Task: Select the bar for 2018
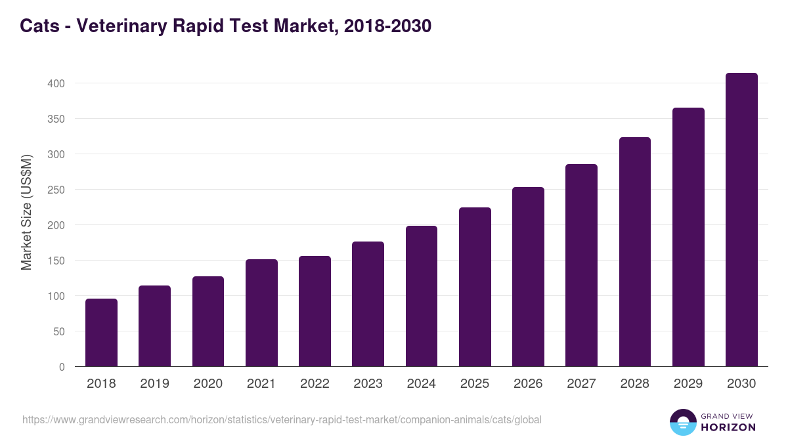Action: click(x=101, y=333)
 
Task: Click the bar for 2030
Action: click(x=741, y=220)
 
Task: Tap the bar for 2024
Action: click(x=422, y=296)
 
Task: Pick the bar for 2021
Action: click(x=261, y=313)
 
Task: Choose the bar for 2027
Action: click(x=581, y=265)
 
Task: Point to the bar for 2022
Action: click(x=315, y=311)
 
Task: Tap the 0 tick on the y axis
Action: click(x=62, y=367)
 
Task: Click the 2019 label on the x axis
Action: click(x=154, y=384)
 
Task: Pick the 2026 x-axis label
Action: click(x=528, y=384)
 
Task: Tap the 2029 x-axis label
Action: click(x=688, y=384)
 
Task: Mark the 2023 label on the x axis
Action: click(x=368, y=384)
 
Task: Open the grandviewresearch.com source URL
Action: click(x=282, y=419)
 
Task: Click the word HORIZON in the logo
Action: click(x=728, y=427)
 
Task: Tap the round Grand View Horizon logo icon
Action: click(x=683, y=422)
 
